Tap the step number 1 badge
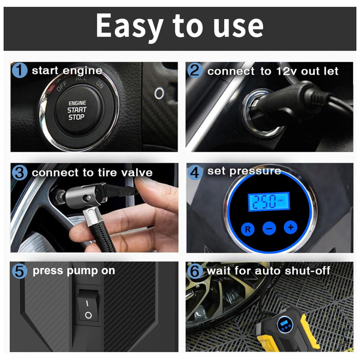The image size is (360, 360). pos(19,70)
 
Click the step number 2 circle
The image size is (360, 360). pos(195,70)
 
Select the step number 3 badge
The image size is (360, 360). pos(19,173)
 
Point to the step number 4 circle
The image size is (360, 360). pos(195,172)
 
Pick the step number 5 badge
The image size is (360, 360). pos(19,271)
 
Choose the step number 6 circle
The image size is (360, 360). pos(195,271)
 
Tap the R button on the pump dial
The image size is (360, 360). pos(248,229)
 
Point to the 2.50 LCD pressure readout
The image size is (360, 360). pos(269,202)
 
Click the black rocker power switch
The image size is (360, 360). pos(88,305)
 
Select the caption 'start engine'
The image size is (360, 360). pos(67,71)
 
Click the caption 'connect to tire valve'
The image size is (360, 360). pos(92,173)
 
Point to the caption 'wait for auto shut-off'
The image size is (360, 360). pos(269,271)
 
